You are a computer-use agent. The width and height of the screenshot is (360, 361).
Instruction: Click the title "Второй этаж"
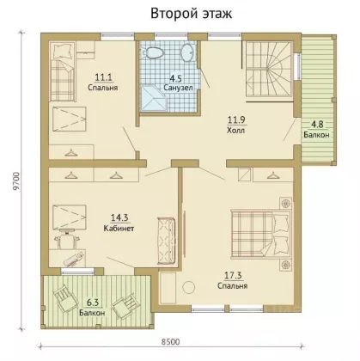pos(191,14)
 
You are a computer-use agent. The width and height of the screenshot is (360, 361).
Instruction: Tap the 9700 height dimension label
pos(16,181)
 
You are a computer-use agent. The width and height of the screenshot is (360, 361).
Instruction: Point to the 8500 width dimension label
pos(170,342)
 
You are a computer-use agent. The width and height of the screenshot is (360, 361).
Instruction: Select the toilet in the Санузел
pos(153,52)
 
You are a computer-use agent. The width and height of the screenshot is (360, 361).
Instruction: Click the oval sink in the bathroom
pos(187,52)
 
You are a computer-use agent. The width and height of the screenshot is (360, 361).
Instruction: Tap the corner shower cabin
pos(153,98)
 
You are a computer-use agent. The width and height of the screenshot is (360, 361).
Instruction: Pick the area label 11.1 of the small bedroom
pos(103,77)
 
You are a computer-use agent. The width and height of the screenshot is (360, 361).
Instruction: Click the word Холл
pos(235,131)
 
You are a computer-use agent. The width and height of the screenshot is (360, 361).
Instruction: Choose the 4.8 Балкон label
pos(317,130)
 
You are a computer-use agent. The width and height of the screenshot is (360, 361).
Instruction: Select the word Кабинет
pos(119,229)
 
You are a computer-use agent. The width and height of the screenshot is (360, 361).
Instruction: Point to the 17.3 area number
pos(233,276)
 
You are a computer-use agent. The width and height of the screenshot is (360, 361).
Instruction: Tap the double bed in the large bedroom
pos(260,233)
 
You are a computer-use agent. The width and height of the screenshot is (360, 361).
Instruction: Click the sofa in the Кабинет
pos(166,241)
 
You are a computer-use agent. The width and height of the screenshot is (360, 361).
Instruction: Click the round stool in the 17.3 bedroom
pos(189,287)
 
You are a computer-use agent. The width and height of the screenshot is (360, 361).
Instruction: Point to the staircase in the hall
pos(269,70)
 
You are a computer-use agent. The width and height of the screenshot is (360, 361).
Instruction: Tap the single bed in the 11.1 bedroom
pos(63,71)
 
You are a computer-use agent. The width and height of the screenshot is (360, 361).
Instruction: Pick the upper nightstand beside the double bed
pos(285,204)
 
